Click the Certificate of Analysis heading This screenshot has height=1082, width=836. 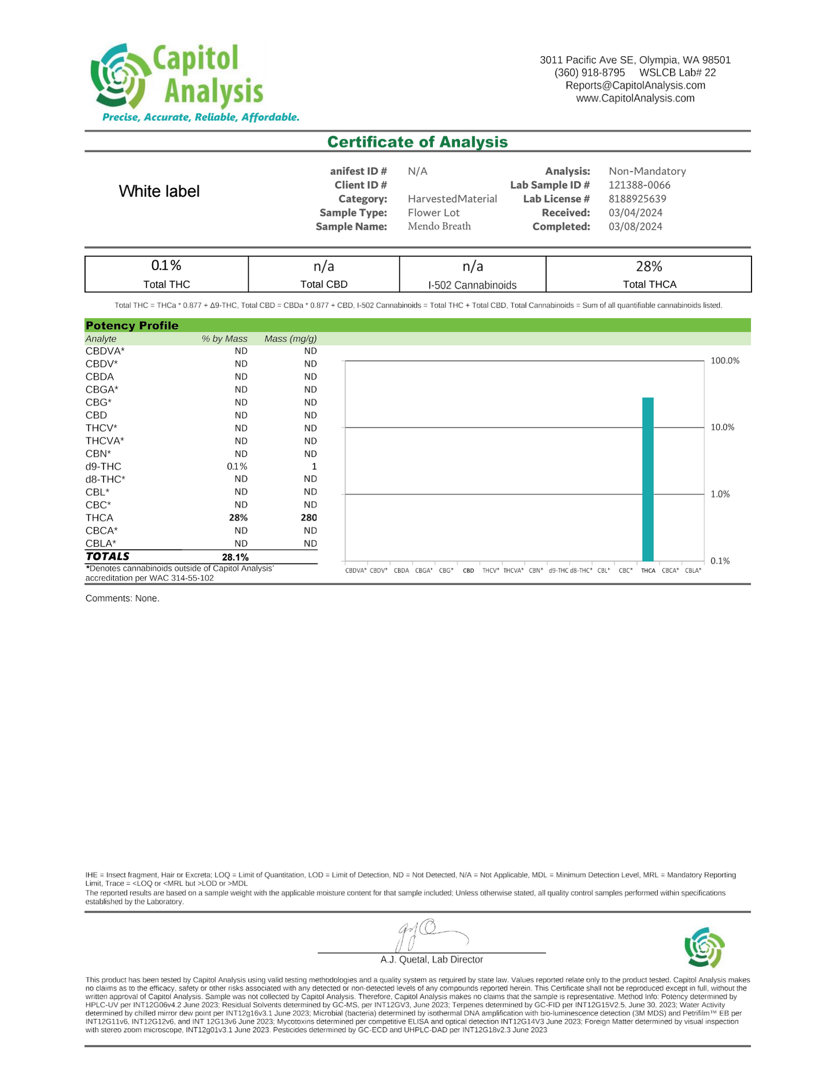click(x=417, y=142)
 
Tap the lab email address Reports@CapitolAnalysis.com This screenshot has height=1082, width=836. click(x=635, y=86)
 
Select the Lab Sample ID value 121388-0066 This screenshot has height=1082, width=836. click(x=639, y=185)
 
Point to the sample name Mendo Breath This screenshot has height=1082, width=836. click(x=439, y=226)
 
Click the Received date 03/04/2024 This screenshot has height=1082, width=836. click(x=635, y=212)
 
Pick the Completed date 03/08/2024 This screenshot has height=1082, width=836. click(x=635, y=226)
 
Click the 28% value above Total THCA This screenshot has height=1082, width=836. click(x=649, y=266)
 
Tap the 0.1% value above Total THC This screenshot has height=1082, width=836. click(x=166, y=266)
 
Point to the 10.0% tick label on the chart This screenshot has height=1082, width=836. click(x=722, y=428)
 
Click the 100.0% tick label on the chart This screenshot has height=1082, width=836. click(x=724, y=360)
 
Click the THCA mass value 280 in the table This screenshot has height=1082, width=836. click(x=308, y=518)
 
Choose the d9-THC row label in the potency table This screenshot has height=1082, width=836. click(x=103, y=466)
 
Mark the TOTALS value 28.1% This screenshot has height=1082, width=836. click(x=235, y=557)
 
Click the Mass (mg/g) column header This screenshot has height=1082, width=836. click(x=290, y=338)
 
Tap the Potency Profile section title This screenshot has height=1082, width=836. click(x=132, y=325)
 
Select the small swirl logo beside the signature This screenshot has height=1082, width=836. click(x=704, y=947)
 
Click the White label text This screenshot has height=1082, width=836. click(x=159, y=192)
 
